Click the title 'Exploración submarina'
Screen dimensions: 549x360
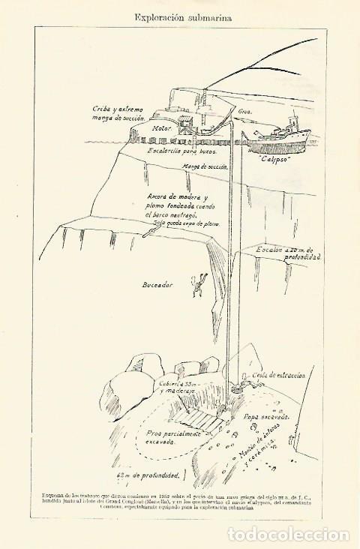(181, 14)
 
